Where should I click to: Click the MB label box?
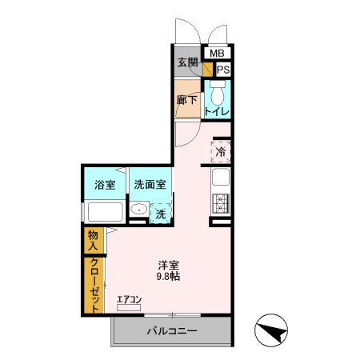tap(217, 54)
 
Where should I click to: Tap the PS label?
tap(222, 70)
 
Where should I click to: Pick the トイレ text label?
tap(217, 112)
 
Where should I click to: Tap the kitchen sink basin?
tap(220, 178)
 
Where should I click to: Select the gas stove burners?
tap(220, 203)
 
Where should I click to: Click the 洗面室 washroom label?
tap(150, 185)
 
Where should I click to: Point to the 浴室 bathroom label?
tap(105, 185)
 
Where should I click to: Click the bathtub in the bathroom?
tap(103, 213)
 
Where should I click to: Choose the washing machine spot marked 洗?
tap(161, 214)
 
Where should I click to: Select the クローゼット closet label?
tap(94, 285)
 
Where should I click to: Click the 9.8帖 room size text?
tap(168, 277)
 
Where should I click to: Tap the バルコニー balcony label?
tap(171, 330)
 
